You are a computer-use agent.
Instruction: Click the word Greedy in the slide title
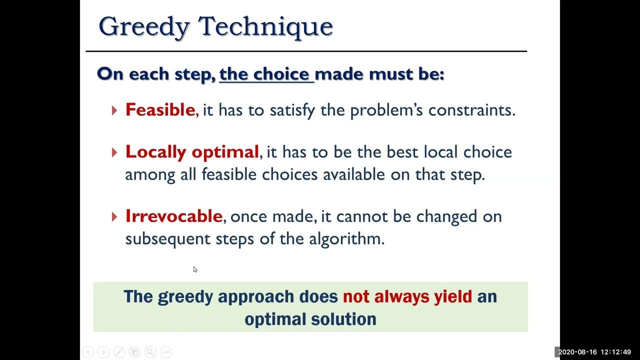[x=144, y=27]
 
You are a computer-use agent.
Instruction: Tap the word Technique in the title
[x=265, y=26]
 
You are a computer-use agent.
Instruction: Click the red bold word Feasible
[x=160, y=109]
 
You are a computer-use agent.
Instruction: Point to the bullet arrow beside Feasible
[x=114, y=110]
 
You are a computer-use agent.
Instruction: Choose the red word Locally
[x=155, y=152]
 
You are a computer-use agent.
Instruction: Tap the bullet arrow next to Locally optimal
[x=114, y=152]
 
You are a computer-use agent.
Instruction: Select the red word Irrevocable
[x=173, y=216]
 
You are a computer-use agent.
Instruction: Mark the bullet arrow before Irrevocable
[x=114, y=217]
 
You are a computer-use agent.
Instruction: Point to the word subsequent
[x=167, y=239]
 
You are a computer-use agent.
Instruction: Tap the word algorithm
[x=346, y=239]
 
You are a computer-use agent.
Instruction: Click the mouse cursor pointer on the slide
[x=195, y=269]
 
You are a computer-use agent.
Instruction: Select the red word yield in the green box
[x=453, y=297]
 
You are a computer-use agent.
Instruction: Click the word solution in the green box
[x=343, y=319]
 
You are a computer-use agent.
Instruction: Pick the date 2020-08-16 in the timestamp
[x=577, y=352]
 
